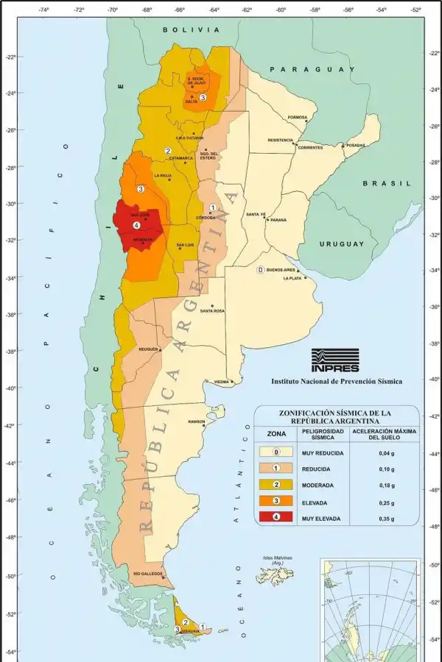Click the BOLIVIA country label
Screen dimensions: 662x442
click(x=192, y=29)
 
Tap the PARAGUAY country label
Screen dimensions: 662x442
click(x=312, y=68)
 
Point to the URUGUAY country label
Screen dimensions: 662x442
click(x=342, y=243)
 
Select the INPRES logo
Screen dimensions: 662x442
click(x=335, y=360)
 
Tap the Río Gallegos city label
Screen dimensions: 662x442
click(x=148, y=574)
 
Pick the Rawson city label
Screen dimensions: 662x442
click(x=197, y=421)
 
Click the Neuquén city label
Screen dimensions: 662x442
click(x=149, y=349)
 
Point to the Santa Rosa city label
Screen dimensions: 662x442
click(x=212, y=311)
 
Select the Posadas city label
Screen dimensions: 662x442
click(x=356, y=145)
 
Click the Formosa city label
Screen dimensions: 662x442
click(x=298, y=117)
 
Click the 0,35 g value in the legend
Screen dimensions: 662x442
click(x=377, y=519)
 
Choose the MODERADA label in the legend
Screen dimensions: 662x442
click(x=318, y=485)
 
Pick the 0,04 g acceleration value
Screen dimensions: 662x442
click(x=377, y=452)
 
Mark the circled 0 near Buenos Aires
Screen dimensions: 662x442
click(x=260, y=270)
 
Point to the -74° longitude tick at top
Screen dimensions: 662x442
click(x=43, y=10)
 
